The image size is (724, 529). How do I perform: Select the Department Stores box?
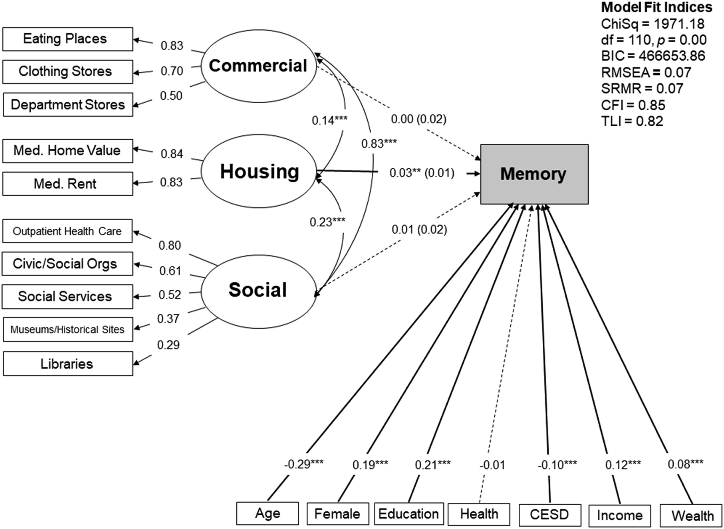tap(68, 105)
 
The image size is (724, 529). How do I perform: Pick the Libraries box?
tap(68, 364)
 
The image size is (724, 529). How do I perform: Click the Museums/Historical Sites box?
tap(68, 330)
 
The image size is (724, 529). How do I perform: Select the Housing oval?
tap(259, 171)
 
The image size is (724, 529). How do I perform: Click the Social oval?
tap(258, 291)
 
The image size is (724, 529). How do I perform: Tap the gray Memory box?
tap(534, 174)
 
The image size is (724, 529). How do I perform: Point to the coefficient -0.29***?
tap(304, 463)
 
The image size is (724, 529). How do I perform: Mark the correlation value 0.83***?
tap(379, 144)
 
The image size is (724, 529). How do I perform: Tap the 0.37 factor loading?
tap(168, 319)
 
